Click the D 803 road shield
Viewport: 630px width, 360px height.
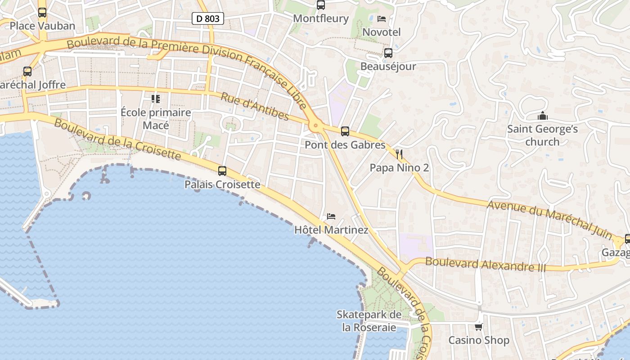coord(207,18)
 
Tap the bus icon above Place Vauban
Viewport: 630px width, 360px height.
coord(42,13)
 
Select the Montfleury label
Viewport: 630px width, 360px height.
coord(321,18)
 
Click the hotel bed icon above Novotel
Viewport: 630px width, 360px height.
coord(382,19)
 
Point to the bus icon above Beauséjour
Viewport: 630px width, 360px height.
coord(388,53)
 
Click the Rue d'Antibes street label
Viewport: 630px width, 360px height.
coord(255,107)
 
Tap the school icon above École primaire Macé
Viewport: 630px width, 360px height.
coord(156,99)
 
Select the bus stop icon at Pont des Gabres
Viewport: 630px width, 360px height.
coord(345,131)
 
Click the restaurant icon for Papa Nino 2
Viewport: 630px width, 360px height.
coord(399,154)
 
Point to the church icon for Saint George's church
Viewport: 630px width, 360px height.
coord(543,116)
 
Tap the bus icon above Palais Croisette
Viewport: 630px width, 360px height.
coord(222,171)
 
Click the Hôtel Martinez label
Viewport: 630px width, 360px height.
coord(331,230)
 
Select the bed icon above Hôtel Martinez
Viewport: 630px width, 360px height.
coord(331,216)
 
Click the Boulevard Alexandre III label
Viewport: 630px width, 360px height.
coord(485,264)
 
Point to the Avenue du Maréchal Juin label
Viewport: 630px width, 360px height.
coord(550,220)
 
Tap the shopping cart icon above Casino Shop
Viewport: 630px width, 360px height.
coord(479,327)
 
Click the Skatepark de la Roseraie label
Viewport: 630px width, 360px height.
coord(369,321)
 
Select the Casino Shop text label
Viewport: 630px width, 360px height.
coord(479,340)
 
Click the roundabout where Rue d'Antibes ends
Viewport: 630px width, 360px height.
coord(316,126)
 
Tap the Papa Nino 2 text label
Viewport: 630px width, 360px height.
coord(399,168)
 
